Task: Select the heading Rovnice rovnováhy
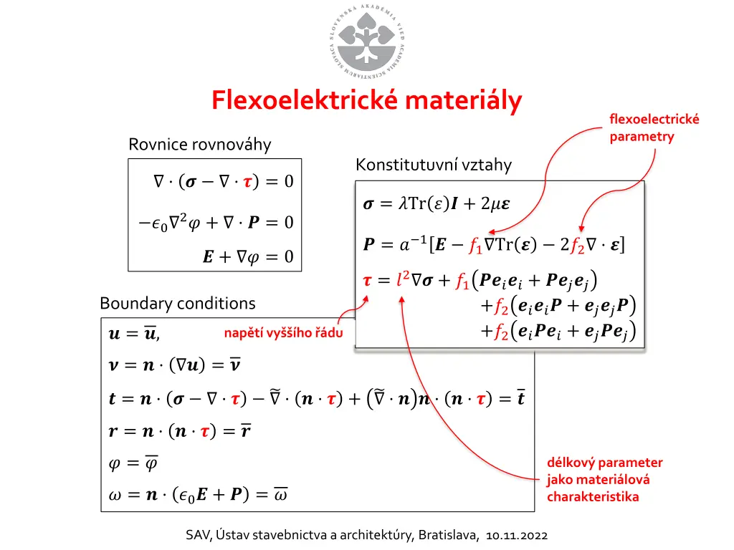point(200,145)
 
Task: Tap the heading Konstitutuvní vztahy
point(434,165)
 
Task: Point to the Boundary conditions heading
point(178,304)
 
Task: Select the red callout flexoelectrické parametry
point(654,127)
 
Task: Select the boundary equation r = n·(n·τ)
point(179,431)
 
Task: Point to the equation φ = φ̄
point(133,463)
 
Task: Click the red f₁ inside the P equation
point(475,245)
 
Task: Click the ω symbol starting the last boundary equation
point(115,494)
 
